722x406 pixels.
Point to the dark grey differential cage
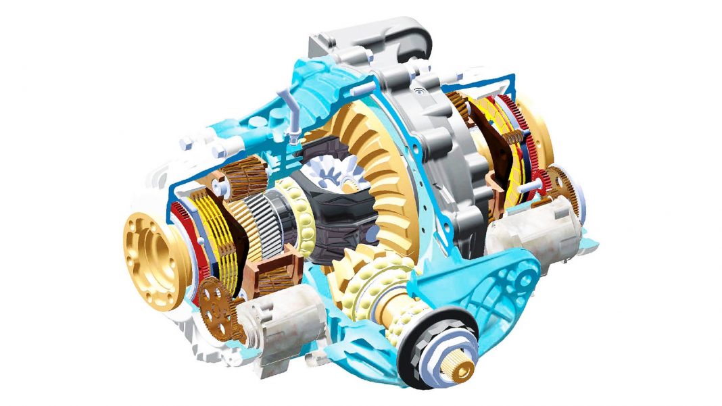[331, 216]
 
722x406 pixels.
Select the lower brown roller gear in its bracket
[270, 274]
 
